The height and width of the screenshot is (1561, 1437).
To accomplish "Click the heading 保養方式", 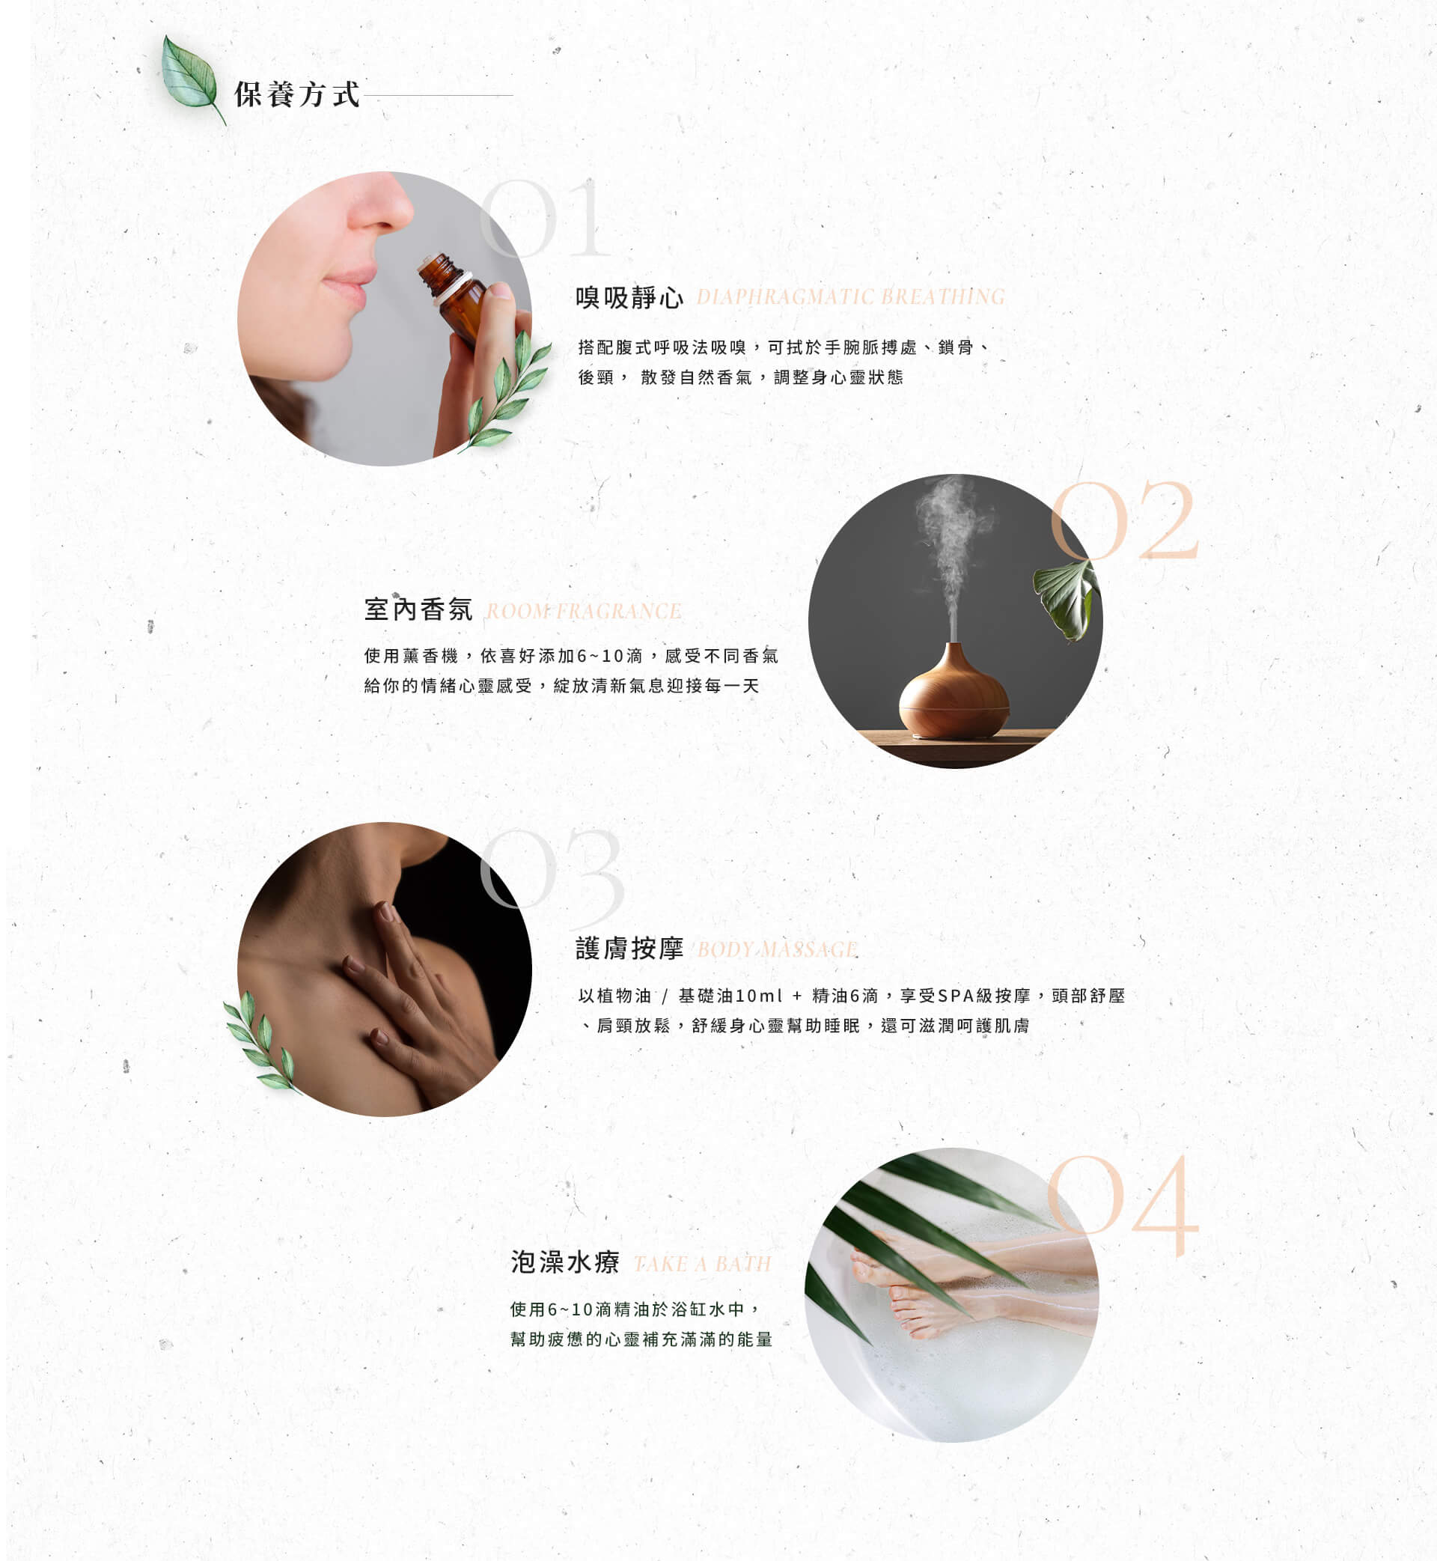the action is tap(297, 95).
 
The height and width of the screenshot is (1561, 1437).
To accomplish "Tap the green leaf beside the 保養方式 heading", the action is tap(192, 78).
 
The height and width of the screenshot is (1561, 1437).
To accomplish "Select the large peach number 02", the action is tap(1123, 520).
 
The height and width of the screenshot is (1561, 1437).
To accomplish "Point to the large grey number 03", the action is tap(552, 867).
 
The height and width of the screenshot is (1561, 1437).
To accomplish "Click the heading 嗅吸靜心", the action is tap(629, 298).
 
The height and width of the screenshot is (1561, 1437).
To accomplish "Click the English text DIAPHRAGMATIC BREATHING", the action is tap(851, 297).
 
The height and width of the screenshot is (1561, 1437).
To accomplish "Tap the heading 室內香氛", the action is tap(418, 609).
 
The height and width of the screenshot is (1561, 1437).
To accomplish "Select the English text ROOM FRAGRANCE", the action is tap(584, 612).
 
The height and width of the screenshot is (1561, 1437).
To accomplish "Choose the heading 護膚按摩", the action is tap(629, 949).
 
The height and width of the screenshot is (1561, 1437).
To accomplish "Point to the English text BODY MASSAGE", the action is tap(777, 949).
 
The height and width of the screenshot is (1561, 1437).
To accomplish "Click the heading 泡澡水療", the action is tap(564, 1262).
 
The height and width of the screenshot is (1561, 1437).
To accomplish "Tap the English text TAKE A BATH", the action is tap(702, 1264).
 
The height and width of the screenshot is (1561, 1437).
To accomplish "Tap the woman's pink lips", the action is tap(346, 285).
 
